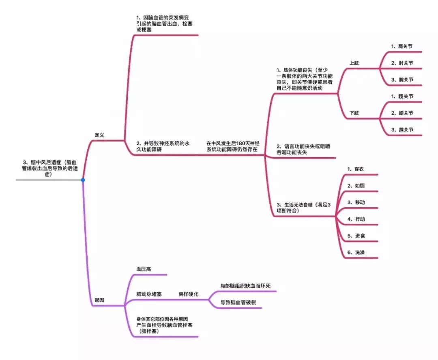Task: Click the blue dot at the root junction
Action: (83, 180)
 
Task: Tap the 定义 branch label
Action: (99, 135)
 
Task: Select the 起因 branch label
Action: (99, 300)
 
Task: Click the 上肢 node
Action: (354, 63)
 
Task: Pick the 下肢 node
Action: (354, 113)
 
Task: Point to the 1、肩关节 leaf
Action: (401, 46)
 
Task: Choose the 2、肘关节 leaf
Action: (402, 63)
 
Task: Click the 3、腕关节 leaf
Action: (402, 79)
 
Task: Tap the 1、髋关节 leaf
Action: (402, 96)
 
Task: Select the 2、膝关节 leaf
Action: (402, 113)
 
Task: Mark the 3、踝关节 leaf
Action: (402, 130)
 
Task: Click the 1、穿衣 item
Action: (355, 169)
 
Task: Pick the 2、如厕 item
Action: (356, 186)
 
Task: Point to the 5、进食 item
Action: (356, 236)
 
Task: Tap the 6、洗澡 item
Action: (356, 253)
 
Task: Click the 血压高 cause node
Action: (144, 269)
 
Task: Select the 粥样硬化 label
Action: (188, 294)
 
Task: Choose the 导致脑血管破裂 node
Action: (238, 302)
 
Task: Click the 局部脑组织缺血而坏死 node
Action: (245, 286)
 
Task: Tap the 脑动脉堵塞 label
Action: (149, 294)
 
